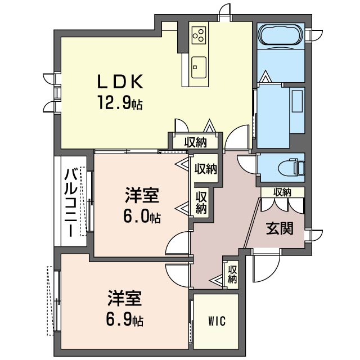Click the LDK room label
[120, 82]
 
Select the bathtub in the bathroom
[281, 36]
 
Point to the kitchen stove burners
[199, 35]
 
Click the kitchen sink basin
[199, 67]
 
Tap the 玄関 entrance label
[280, 228]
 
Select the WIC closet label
[217, 321]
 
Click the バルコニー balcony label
[70, 203]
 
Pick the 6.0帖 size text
[142, 217]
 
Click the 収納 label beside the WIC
[232, 274]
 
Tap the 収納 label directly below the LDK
[196, 142]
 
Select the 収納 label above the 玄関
[282, 192]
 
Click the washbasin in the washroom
[297, 101]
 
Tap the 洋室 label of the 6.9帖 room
[125, 299]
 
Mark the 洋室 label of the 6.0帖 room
[142, 195]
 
